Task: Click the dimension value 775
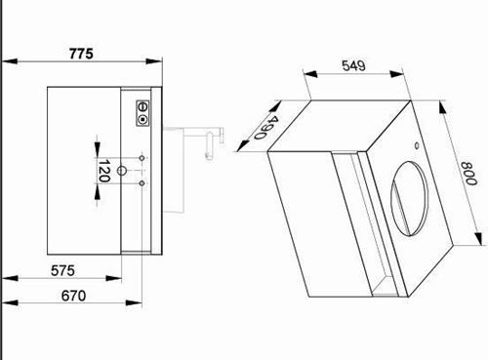(x=81, y=54)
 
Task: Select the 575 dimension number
(x=62, y=270)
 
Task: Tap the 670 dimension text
(x=73, y=296)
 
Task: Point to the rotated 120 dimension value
(x=103, y=171)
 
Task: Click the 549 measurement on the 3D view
(x=353, y=65)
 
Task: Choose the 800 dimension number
(x=468, y=174)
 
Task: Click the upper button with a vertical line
(x=142, y=106)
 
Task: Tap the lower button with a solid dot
(x=142, y=120)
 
